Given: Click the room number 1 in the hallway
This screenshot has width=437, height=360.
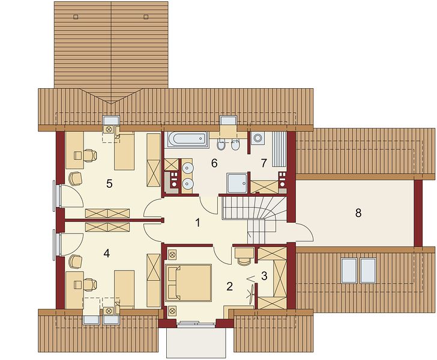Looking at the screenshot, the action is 197,223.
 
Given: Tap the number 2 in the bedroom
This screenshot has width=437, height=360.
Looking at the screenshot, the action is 229,286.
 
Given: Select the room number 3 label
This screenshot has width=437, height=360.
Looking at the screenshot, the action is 264,276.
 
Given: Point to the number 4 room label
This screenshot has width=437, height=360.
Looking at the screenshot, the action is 106,253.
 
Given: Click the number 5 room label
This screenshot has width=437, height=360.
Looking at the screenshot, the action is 109,184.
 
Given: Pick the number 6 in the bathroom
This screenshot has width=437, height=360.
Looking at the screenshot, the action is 214,163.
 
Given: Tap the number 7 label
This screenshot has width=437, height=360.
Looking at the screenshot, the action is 264,163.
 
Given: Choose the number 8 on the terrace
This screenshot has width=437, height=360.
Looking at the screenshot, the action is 358,213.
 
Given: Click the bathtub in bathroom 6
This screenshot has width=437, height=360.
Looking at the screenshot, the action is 187,139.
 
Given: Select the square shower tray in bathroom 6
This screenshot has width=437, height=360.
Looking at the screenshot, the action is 237,183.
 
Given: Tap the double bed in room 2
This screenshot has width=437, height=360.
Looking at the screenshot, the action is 188,283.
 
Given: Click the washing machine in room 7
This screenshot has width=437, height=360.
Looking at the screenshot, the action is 258,137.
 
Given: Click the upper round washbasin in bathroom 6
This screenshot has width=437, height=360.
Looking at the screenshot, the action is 187,168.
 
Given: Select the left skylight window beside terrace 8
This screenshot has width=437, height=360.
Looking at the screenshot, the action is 349,271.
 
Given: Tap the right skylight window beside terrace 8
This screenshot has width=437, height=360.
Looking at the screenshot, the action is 367,271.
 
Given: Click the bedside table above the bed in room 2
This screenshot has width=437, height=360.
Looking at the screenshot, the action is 172,254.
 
